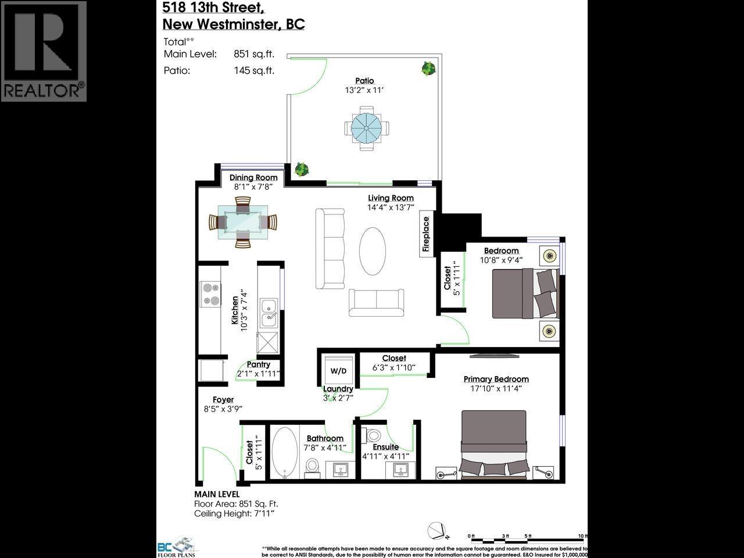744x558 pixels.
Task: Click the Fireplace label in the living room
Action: point(426,235)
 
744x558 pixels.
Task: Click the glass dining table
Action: point(243,222)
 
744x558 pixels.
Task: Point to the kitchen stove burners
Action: point(210,294)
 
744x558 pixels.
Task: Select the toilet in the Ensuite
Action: point(372,434)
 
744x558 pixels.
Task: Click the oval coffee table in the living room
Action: point(373,251)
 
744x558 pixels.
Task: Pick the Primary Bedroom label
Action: point(496,379)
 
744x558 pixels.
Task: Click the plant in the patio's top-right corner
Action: point(428,69)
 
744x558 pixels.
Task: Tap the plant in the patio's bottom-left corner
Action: point(301,170)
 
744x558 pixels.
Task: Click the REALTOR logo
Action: point(44,51)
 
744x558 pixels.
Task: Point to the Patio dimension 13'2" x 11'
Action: point(364,90)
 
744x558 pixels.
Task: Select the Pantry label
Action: point(258,364)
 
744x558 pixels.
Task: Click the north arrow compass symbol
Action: point(437,531)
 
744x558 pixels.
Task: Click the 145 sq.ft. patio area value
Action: point(254,70)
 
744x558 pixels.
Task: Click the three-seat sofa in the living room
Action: point(330,249)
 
